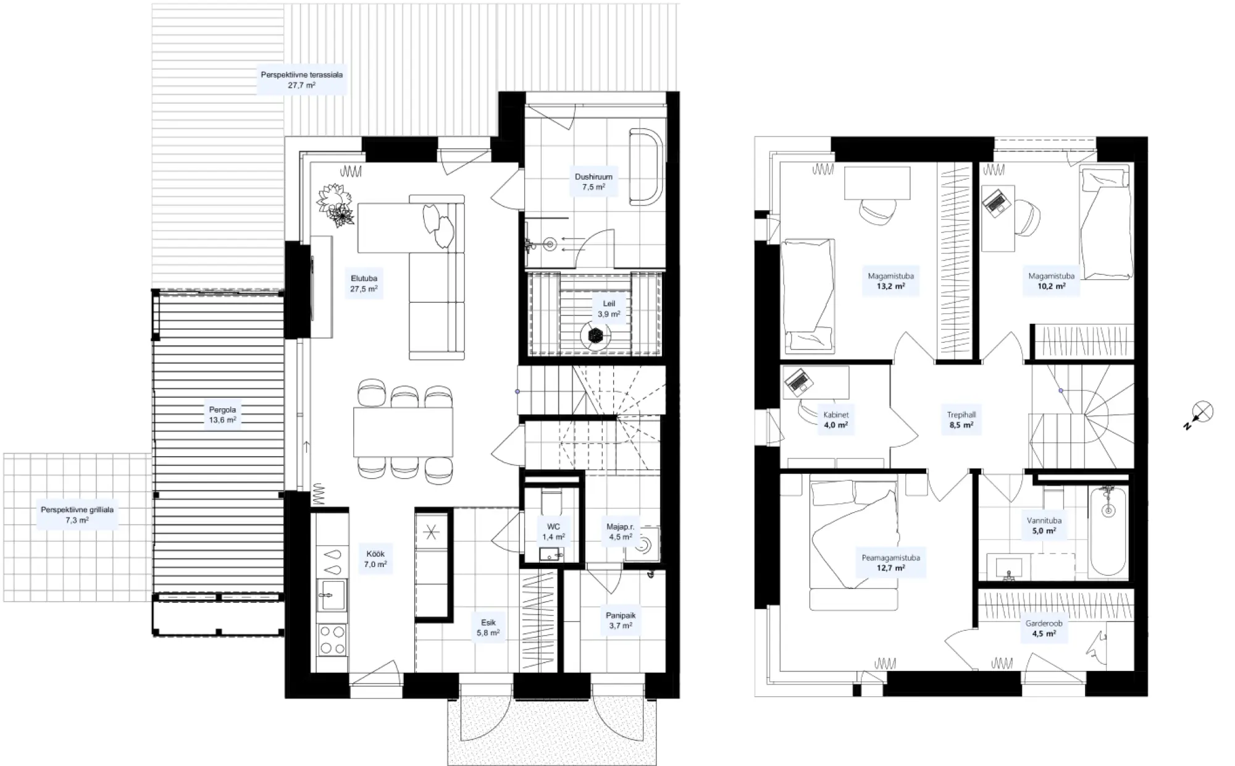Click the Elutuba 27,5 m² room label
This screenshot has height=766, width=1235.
pyautogui.click(x=364, y=284)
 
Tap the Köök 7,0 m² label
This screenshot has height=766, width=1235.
pyautogui.click(x=375, y=559)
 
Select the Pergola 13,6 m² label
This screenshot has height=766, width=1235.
pyautogui.click(x=222, y=415)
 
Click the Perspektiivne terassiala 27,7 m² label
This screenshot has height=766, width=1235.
pyautogui.click(x=301, y=80)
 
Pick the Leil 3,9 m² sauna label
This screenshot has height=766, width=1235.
pyautogui.click(x=609, y=309)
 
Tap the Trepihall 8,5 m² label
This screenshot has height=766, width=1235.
pyautogui.click(x=961, y=420)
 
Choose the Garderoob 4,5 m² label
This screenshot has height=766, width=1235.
pyautogui.click(x=1044, y=628)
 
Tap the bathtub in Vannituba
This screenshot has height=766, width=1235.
pyautogui.click(x=1109, y=532)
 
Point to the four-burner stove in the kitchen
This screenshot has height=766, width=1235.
pyautogui.click(x=332, y=639)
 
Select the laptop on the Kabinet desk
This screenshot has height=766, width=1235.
pyautogui.click(x=798, y=382)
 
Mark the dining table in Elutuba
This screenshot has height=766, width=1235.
pyautogui.click(x=403, y=432)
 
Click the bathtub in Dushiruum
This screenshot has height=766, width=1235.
pyautogui.click(x=646, y=166)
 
